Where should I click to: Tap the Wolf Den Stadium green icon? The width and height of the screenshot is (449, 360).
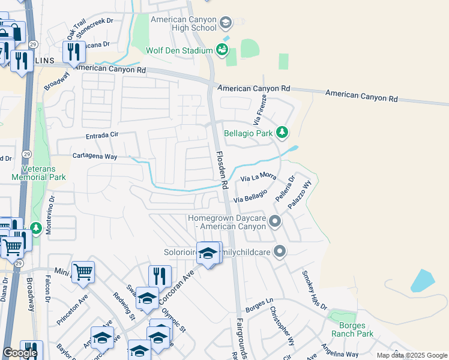(x=222, y=50)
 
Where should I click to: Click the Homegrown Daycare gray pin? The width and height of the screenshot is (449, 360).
(x=275, y=222)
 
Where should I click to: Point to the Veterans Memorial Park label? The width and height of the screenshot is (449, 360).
(x=38, y=173)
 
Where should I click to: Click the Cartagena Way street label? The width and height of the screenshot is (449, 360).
(x=94, y=155)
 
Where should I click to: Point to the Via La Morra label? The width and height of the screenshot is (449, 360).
(x=258, y=177)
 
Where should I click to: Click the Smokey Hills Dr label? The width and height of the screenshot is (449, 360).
(x=315, y=290)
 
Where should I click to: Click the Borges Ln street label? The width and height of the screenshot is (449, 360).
(x=259, y=305)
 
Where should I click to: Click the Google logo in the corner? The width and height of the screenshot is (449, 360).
(x=19, y=353)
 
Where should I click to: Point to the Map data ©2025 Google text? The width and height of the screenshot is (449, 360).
(x=412, y=355)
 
